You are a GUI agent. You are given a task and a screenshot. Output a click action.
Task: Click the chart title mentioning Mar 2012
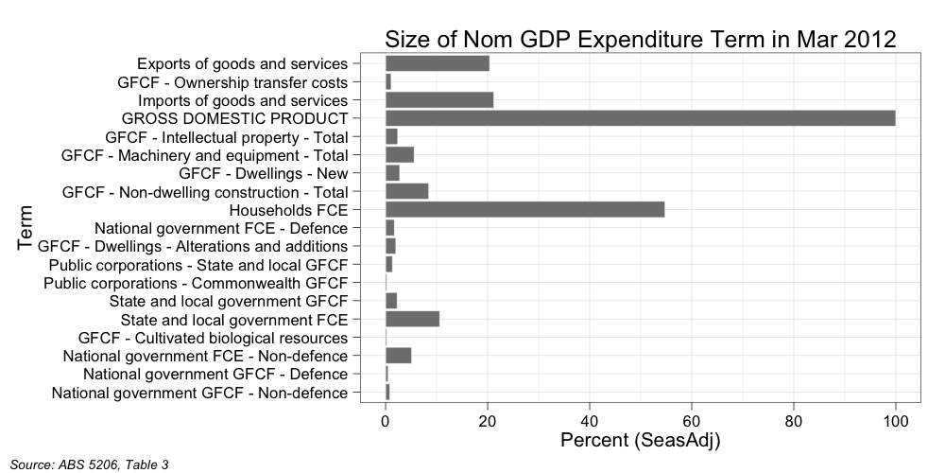(640, 39)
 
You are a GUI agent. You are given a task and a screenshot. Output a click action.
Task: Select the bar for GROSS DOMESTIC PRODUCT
(640, 118)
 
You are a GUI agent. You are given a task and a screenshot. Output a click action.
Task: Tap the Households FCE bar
(524, 210)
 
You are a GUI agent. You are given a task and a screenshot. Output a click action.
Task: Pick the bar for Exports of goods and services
(438, 63)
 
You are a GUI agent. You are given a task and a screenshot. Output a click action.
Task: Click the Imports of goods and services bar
(439, 100)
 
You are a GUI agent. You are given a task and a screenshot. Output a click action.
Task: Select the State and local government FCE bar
(412, 319)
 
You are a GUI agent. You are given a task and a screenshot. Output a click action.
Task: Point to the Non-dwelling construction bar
(406, 191)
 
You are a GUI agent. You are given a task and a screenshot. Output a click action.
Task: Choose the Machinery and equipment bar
(400, 155)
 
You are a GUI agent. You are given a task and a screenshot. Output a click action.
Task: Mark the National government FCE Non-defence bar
(398, 356)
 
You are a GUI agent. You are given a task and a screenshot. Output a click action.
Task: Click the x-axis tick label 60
(691, 420)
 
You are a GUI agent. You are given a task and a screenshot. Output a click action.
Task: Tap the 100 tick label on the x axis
(895, 420)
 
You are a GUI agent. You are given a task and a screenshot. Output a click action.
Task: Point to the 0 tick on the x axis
(386, 420)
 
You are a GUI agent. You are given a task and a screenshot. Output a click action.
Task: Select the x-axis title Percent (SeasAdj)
(640, 441)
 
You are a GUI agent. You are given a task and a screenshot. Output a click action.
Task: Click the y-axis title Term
(26, 228)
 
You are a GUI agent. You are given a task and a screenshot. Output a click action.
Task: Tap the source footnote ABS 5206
(89, 464)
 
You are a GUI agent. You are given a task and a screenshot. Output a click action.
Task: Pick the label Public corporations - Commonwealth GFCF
(196, 283)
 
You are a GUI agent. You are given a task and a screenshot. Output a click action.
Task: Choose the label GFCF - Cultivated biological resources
(213, 338)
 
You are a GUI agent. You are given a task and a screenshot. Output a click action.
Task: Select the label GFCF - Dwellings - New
(263, 173)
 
